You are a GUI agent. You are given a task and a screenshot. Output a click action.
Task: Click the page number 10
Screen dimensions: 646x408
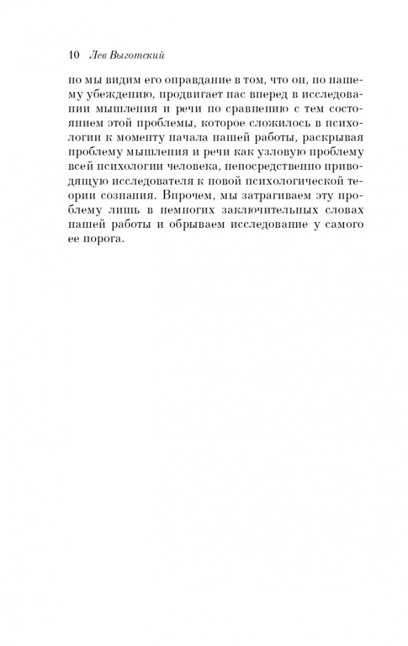pyautogui.click(x=72, y=56)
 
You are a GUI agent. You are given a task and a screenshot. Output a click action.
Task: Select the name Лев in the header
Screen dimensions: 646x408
pyautogui.click(x=92, y=56)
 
